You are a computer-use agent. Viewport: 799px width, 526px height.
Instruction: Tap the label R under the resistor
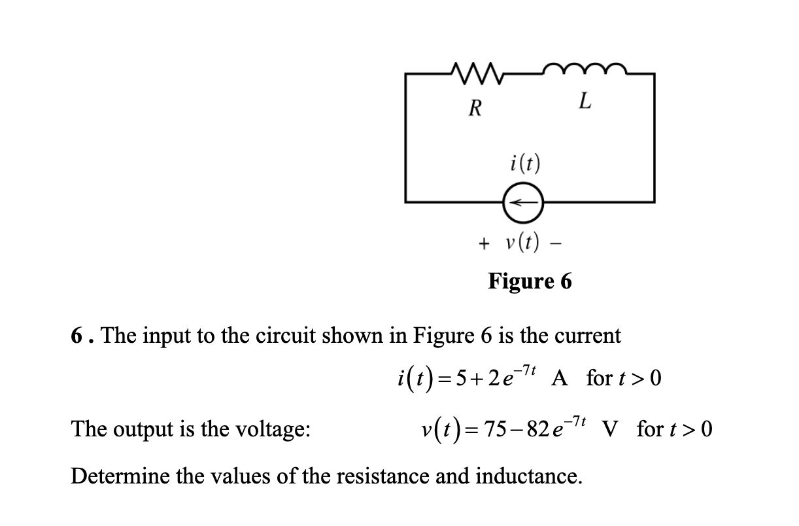click(477, 106)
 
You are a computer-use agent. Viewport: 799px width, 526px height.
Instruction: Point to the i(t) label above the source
click(524, 163)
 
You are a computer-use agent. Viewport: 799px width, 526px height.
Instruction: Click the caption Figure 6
click(530, 281)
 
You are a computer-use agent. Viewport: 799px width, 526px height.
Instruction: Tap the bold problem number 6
click(77, 336)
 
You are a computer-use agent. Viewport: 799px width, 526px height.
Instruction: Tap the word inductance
click(530, 476)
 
